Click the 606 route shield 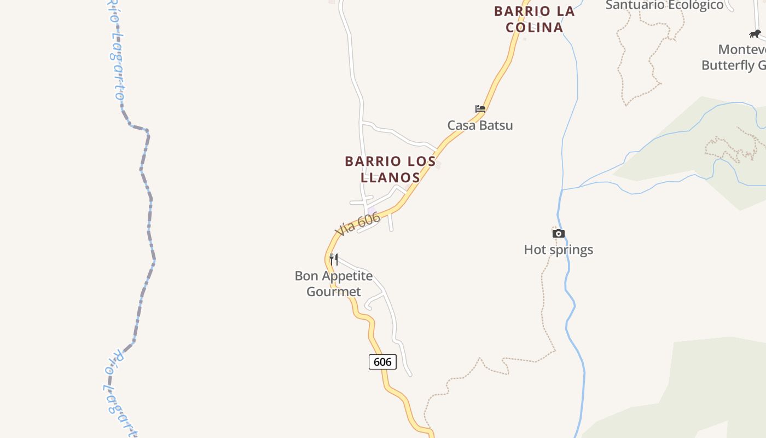click(x=382, y=362)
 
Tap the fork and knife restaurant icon click(x=334, y=259)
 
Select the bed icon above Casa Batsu click(x=480, y=109)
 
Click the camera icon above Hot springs click(x=558, y=234)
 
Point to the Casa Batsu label click(x=480, y=125)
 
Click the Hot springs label click(x=558, y=250)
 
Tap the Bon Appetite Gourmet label click(x=334, y=284)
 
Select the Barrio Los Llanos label click(x=390, y=169)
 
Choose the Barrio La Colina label click(x=534, y=19)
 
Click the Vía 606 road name click(x=358, y=224)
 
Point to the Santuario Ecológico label click(x=664, y=5)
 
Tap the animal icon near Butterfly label click(x=755, y=34)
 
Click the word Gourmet click(x=334, y=292)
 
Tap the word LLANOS click(x=390, y=177)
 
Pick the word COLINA click(x=534, y=27)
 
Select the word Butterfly click(x=728, y=65)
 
